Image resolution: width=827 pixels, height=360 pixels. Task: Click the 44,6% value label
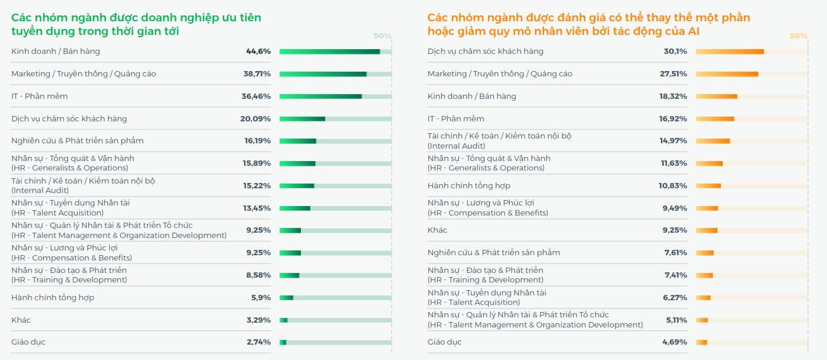258,52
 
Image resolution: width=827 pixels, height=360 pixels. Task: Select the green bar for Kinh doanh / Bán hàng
329,52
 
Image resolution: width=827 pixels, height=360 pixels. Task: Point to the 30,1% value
675,52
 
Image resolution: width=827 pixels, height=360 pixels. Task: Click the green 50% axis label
383,36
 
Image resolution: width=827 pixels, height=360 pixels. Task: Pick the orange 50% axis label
799,36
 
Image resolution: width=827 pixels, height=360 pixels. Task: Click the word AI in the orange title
693,31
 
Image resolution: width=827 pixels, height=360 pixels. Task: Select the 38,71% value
257,74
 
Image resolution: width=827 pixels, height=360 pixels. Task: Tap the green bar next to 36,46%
320,97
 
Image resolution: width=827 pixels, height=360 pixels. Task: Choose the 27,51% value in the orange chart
674,74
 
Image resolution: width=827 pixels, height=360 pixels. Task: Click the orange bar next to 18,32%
716,97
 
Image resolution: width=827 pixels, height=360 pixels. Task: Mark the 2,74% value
259,342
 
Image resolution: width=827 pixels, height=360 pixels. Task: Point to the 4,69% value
675,342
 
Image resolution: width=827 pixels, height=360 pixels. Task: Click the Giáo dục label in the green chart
28,342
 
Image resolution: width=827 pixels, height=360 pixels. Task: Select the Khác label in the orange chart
437,230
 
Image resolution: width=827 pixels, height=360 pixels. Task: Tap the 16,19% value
258,141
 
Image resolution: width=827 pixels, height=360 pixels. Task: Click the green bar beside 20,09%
302,119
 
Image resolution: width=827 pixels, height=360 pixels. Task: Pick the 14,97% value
674,141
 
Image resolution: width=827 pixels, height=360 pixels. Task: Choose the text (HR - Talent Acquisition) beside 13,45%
57,213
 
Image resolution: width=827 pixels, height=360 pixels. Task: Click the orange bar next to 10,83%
709,186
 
